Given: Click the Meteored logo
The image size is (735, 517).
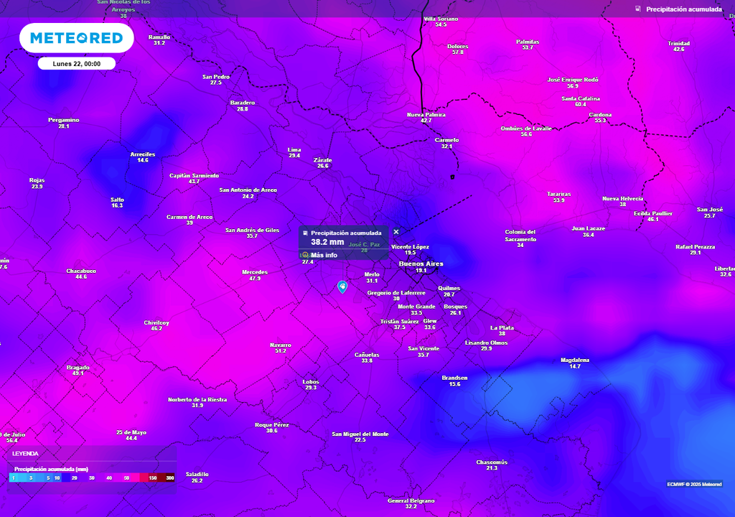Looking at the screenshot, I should pos(76,38).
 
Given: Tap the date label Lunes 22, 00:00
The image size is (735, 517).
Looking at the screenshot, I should pos(76,64).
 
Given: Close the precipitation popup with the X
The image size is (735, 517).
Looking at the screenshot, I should pos(396,232).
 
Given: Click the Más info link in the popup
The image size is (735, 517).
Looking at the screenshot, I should pos(324,255).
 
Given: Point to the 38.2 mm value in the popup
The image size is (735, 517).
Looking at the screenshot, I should pos(327,243).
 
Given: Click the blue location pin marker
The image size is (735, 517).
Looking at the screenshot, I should pos(342,287).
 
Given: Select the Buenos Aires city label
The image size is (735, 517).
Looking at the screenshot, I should pos(421,264).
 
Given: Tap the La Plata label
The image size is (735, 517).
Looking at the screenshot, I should pos(502,328).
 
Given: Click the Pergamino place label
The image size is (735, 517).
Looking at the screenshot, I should pos(64,120).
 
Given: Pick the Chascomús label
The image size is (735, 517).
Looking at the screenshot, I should pos(492,462).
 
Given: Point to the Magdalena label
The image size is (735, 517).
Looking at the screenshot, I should pos(575,360).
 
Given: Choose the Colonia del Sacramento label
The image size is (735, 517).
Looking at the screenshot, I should pos(520,235).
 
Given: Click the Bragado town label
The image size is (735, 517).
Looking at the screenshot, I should pos(78,368).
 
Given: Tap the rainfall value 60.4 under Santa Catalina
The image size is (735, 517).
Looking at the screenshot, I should pos(581,105).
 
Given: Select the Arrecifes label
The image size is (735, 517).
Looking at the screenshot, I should pos(143,154).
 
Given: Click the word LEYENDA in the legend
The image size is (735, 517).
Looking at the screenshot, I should pos(25,454).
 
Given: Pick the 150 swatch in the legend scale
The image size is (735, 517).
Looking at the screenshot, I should pos(152,478).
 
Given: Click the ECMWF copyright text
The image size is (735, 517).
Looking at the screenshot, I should pos(694,484).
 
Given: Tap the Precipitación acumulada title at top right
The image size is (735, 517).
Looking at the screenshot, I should pos(683,9).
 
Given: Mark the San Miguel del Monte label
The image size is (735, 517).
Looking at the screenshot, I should pos(360,434).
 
